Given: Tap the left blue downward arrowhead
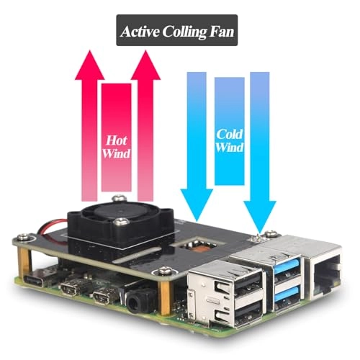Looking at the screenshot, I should click(x=197, y=205).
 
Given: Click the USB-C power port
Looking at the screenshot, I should click(x=34, y=280).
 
